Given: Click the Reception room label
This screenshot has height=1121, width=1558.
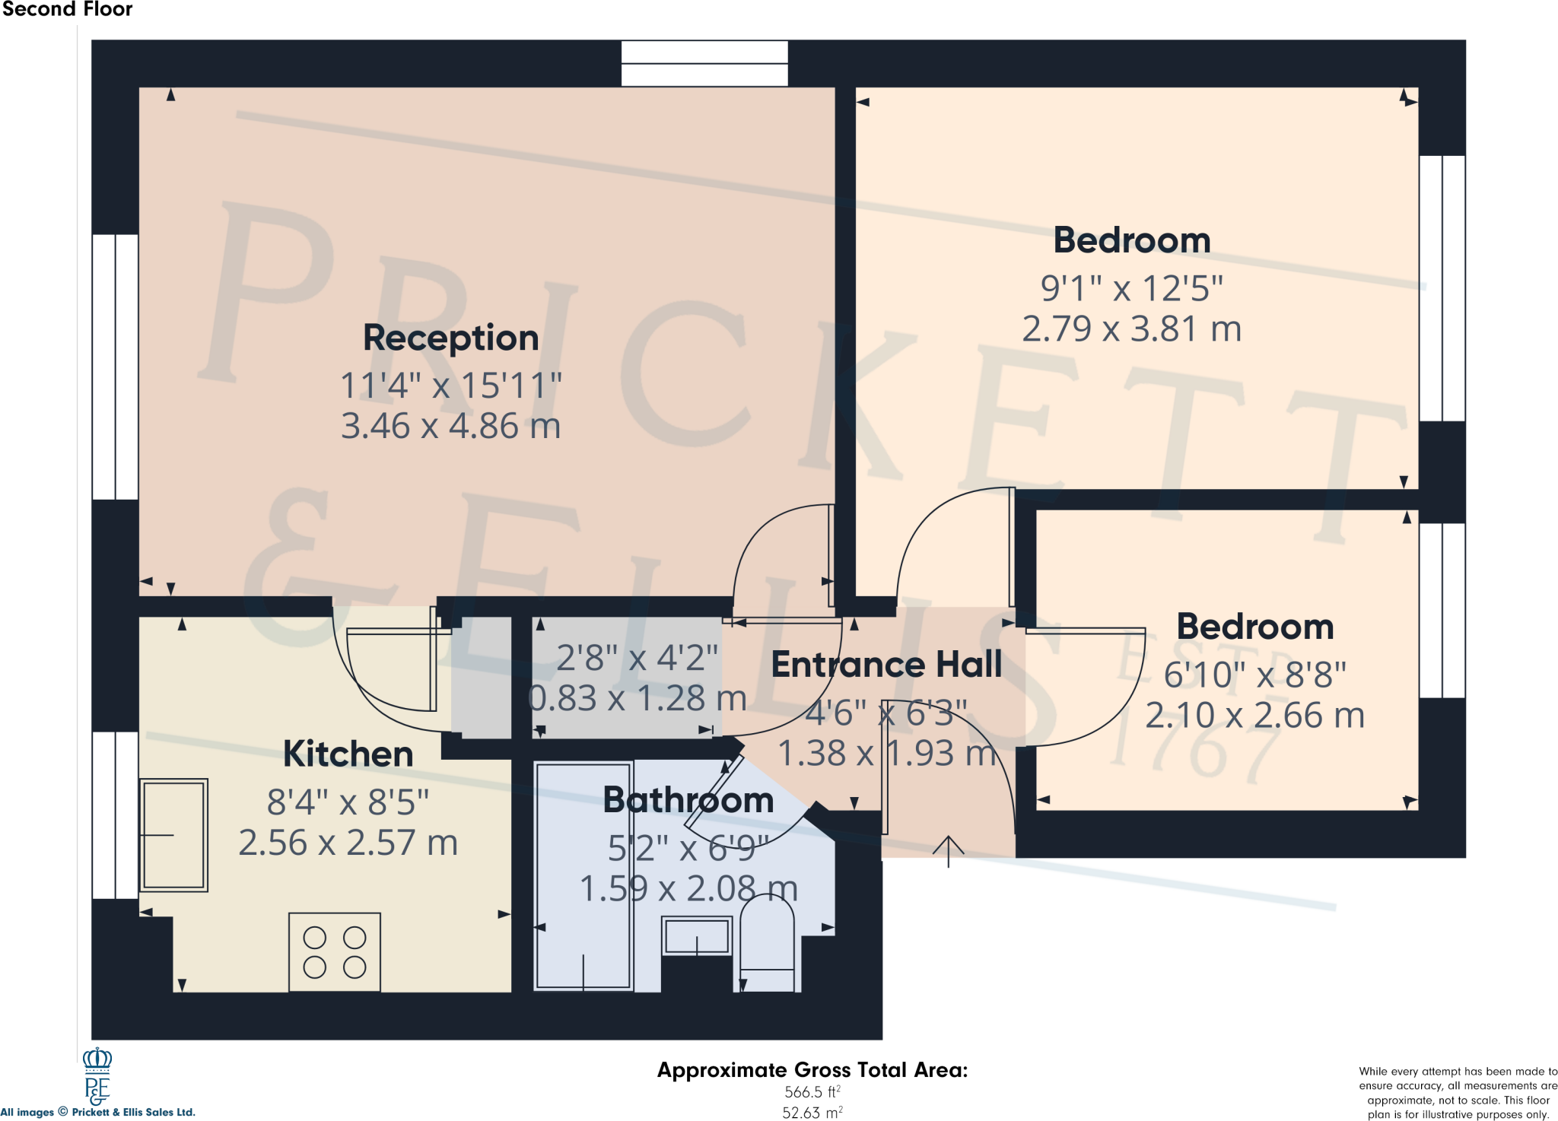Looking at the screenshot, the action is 450,338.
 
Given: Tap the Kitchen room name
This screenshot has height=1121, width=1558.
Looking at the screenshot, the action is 348,754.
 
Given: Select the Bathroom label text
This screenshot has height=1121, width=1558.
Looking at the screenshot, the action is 688,800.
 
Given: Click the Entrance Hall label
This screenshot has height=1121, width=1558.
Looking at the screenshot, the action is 886,665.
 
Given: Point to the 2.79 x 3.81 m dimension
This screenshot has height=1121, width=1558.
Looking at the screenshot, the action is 1131,329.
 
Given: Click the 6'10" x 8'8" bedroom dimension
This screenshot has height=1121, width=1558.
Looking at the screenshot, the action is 1254,675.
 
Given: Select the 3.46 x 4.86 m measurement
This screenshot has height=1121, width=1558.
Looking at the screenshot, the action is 450,426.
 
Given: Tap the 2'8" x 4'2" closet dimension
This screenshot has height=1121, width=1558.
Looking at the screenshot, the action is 637,659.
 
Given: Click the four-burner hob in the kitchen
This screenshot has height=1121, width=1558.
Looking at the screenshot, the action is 335,952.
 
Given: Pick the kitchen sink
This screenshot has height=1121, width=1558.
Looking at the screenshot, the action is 174,835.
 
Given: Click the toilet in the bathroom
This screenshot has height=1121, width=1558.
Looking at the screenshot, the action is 767,943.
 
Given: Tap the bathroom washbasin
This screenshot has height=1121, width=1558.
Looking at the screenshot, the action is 697,935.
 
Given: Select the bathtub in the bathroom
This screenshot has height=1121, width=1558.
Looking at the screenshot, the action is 583,876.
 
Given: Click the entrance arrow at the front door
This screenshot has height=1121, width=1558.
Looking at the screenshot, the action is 949,852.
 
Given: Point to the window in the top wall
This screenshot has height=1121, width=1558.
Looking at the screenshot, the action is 704,63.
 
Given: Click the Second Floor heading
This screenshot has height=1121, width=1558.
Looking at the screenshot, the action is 67,9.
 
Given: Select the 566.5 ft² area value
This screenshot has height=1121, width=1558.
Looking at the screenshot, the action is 812,1092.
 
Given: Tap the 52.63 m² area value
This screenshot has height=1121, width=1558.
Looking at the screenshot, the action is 812,1113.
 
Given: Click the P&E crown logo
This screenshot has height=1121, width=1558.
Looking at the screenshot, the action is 97,1076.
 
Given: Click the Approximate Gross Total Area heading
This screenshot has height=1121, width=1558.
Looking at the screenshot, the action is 812,1070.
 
